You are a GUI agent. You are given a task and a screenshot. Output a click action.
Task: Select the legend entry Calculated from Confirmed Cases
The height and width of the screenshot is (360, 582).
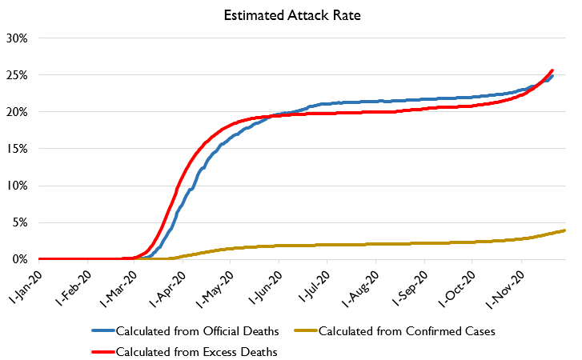[x=394, y=330]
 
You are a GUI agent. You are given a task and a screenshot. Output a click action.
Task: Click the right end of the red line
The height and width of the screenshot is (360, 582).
[x=552, y=70]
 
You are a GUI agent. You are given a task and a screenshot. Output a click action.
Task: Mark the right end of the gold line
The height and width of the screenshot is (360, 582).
[x=565, y=230]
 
